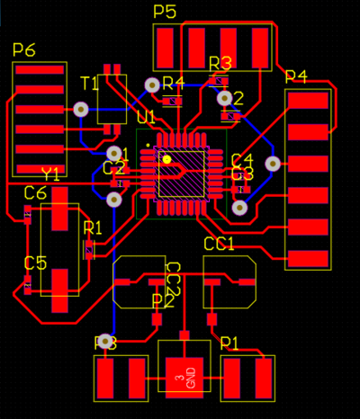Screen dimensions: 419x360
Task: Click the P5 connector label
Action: pyautogui.click(x=165, y=12)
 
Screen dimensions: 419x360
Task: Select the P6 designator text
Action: pyautogui.click(x=24, y=49)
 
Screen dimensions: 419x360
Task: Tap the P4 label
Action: pyautogui.click(x=296, y=76)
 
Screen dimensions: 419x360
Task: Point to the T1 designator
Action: pyautogui.click(x=89, y=84)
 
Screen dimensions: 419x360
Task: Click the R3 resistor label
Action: pyautogui.click(x=220, y=63)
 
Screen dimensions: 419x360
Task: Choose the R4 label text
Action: pyautogui.click(x=173, y=84)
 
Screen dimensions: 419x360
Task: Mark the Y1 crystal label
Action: pyautogui.click(x=50, y=173)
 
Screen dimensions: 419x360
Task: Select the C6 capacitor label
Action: pyautogui.click(x=35, y=193)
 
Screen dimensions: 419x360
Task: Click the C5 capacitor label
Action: pyautogui.click(x=35, y=263)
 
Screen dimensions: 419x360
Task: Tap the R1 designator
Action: pyautogui.click(x=93, y=228)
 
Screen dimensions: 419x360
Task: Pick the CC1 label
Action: pyautogui.click(x=219, y=244)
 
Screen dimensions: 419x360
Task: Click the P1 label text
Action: pyautogui.click(x=229, y=343)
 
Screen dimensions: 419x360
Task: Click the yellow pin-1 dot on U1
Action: pyautogui.click(x=167, y=159)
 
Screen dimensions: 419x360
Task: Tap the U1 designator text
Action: pyautogui.click(x=146, y=118)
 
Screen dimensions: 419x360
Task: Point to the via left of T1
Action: pyautogui.click(x=81, y=109)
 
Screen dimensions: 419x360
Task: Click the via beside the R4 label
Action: pyautogui.click(x=151, y=86)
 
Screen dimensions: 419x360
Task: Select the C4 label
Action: pyautogui.click(x=242, y=160)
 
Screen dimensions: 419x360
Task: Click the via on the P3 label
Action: pyautogui.click(x=107, y=343)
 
